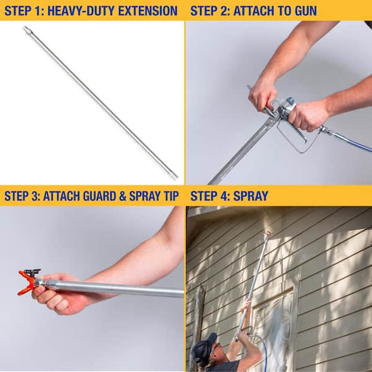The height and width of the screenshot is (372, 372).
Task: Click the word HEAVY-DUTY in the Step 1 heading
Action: point(81,11)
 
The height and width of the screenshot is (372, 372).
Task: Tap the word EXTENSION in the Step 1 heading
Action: point(148,11)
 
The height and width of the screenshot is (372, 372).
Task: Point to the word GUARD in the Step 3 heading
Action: point(100,196)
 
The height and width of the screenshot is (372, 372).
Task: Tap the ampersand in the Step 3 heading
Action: point(123,196)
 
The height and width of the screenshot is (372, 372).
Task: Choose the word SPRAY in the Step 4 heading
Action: point(250,196)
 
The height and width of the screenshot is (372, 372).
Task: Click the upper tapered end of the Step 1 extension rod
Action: point(27,29)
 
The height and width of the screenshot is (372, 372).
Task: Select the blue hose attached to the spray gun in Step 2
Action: point(351,141)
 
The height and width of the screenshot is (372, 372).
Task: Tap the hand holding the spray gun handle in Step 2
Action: point(306,115)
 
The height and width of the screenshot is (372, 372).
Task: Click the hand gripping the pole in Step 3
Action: point(58,294)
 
